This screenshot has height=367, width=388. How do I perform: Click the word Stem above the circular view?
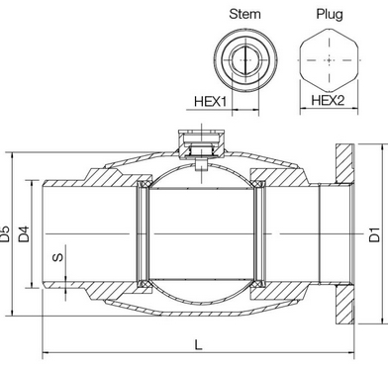pos(244,14)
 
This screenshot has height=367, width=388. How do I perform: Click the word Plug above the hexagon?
pos(330,14)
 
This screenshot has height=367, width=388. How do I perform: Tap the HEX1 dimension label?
pos(211,101)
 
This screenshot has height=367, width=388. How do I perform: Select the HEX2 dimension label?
pos(328,100)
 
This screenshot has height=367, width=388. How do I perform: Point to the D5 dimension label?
pos(6,233)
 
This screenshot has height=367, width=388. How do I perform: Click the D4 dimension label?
pos(24,233)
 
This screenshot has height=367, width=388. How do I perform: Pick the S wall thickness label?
pos(58,257)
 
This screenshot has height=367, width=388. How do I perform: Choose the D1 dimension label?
pos(374,233)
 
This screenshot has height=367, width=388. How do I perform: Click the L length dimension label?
pos(198,345)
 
